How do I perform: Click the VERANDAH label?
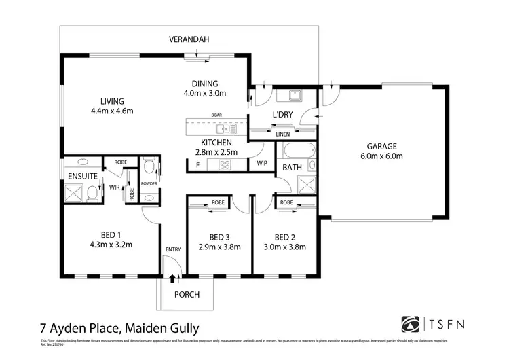188,40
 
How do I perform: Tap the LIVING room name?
111,101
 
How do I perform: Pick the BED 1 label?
111,236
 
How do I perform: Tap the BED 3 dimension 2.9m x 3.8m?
218,247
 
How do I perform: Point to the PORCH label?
187,294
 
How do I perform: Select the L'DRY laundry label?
282,115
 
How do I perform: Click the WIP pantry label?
262,164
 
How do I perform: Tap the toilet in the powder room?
149,165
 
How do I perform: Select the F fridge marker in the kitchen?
197,165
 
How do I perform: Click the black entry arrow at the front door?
172,278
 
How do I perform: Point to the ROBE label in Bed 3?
218,202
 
